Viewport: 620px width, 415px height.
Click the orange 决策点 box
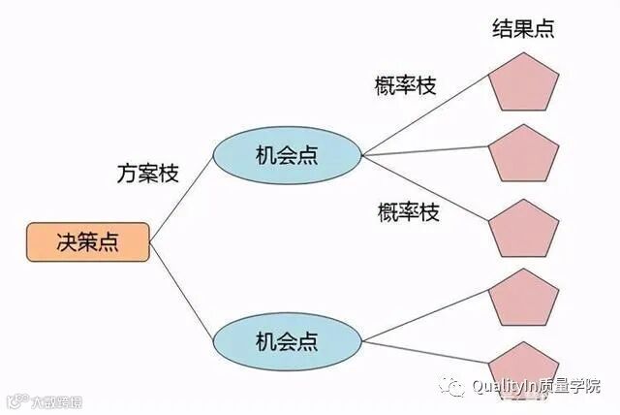(87, 241)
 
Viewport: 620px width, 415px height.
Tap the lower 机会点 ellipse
(287, 340)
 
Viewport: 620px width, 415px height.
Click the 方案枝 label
(148, 174)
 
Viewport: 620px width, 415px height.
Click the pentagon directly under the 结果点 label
(524, 81)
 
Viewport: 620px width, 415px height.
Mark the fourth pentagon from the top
(524, 299)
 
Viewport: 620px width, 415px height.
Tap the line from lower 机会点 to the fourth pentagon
(426, 319)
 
